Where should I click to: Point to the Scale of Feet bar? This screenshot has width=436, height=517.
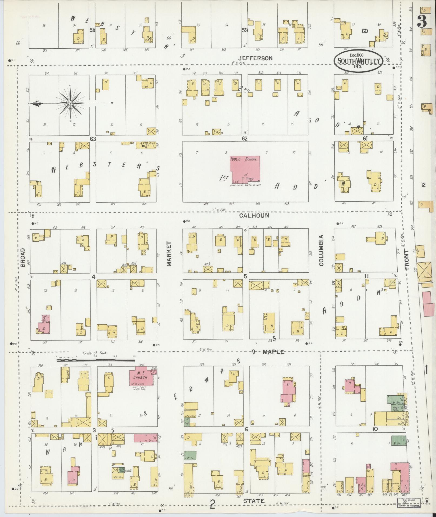click(95, 360)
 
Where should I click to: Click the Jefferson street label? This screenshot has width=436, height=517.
click(255, 58)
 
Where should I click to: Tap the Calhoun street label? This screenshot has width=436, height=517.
click(254, 215)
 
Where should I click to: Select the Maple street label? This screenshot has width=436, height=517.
click(273, 352)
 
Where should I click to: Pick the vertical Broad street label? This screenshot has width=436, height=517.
click(22, 257)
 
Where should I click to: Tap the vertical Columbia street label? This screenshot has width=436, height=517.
click(321, 250)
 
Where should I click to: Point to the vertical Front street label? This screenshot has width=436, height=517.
click(407, 260)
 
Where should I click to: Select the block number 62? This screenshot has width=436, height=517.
click(245, 139)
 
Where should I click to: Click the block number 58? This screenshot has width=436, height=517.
click(92, 30)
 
